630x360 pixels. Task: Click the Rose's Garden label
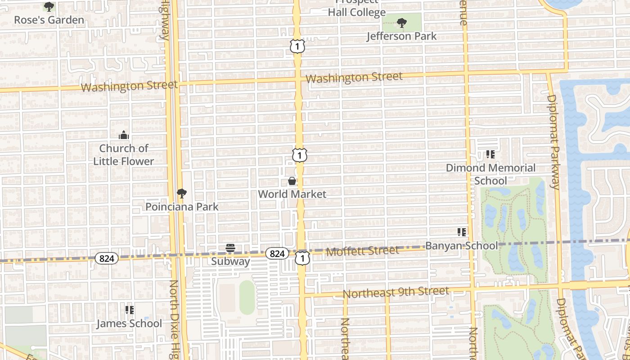(x=49, y=20)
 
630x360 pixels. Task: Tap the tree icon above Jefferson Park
(x=401, y=22)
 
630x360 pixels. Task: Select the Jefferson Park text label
(x=401, y=36)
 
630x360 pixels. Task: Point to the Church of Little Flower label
(x=124, y=154)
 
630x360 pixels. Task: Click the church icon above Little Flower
(x=124, y=135)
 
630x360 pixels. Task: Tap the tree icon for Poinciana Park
(x=181, y=193)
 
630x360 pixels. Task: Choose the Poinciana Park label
(x=182, y=207)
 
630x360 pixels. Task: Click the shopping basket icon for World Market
(x=292, y=181)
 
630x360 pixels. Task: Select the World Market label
(x=292, y=194)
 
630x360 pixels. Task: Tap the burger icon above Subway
(x=230, y=248)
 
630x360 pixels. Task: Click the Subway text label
(x=230, y=261)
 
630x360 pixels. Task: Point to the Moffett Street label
(x=362, y=250)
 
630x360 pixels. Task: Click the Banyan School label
(x=462, y=246)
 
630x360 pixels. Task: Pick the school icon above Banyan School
(x=462, y=232)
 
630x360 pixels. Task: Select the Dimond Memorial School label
(x=490, y=174)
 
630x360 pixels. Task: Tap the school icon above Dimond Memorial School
(x=490, y=155)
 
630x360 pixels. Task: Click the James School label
(x=129, y=324)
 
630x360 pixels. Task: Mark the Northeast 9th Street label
(x=396, y=292)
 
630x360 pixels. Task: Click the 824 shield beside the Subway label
(x=277, y=254)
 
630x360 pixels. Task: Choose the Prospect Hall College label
(x=356, y=9)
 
